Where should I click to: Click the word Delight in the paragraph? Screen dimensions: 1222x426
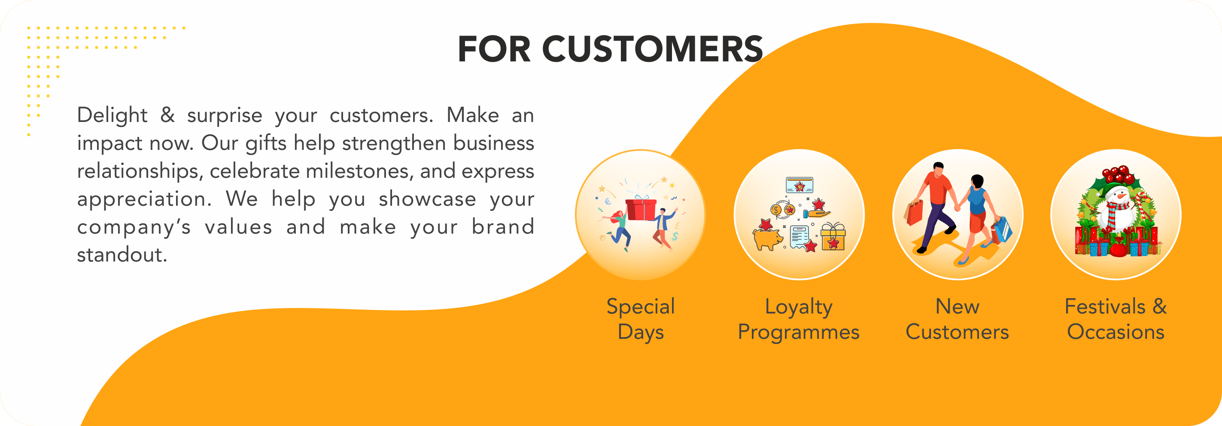tap(112, 115)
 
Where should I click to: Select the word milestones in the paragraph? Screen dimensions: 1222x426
tap(359, 171)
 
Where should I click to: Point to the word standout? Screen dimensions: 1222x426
tap(122, 255)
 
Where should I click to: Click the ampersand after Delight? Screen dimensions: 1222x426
tap(167, 115)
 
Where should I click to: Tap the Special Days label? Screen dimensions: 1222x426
tap(640, 319)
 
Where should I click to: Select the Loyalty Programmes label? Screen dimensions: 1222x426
tap(799, 319)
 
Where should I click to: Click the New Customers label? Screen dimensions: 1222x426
tap(958, 319)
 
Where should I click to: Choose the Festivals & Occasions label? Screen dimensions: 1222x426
tap(1116, 319)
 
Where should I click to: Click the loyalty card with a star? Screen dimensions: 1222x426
tap(800, 185)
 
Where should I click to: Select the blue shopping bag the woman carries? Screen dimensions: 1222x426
tap(1002, 230)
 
